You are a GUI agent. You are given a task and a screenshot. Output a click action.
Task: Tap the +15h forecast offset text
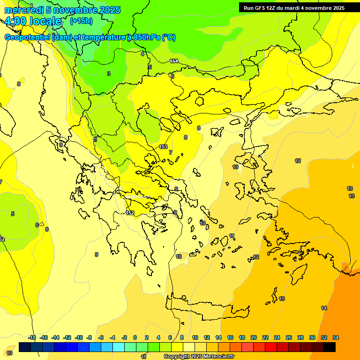tap(81, 21)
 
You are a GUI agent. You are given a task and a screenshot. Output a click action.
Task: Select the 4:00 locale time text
tap(33, 21)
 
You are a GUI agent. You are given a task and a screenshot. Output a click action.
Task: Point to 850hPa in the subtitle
tap(146, 37)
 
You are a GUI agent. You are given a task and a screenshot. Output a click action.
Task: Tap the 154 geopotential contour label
tap(174, 61)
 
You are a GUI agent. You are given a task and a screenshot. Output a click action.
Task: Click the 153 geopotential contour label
tap(163, 147)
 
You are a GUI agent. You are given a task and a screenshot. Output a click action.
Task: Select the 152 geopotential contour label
tap(130, 213)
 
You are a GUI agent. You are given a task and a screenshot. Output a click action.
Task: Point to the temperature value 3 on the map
tap(108, 74)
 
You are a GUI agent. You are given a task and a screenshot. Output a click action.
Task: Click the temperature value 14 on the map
tap(324, 308)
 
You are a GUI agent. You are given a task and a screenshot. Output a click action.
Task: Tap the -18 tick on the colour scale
tap(32, 337)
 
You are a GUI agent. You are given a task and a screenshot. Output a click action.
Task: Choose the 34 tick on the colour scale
tap(336, 337)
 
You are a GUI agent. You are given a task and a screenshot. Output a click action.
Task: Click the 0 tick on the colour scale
tap(135, 337)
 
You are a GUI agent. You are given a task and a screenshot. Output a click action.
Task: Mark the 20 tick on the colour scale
tap(254, 337)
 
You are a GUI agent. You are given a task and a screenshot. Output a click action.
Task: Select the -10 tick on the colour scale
tap(79, 337)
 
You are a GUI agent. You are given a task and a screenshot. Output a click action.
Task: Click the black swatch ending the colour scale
tap(330, 347)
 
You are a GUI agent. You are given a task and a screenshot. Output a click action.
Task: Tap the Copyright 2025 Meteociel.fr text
tap(199, 357)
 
